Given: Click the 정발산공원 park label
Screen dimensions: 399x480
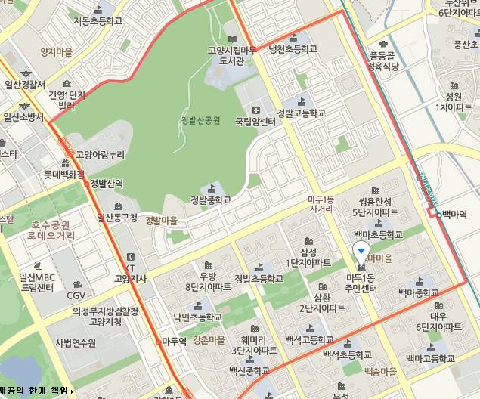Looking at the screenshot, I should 200,120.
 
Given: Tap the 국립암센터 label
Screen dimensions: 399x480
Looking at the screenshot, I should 255,120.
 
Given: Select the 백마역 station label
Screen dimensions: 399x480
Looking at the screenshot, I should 454,215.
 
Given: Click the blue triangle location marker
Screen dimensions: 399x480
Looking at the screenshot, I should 362,252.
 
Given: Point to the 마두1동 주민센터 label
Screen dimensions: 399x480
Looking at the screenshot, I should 361,283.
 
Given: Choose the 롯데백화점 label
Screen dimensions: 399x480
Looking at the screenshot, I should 64,173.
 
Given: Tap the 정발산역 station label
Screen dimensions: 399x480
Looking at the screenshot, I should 106,184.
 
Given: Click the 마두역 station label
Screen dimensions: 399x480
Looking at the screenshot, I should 173,342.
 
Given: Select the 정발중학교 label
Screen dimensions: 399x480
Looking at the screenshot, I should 210,200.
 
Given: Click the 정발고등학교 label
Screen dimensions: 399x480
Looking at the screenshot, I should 301,113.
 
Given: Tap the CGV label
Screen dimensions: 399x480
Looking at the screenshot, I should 76,295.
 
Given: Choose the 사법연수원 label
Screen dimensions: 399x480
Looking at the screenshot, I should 76,342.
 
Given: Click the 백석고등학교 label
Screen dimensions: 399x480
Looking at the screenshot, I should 308,342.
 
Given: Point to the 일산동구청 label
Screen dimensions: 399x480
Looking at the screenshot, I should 117,218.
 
